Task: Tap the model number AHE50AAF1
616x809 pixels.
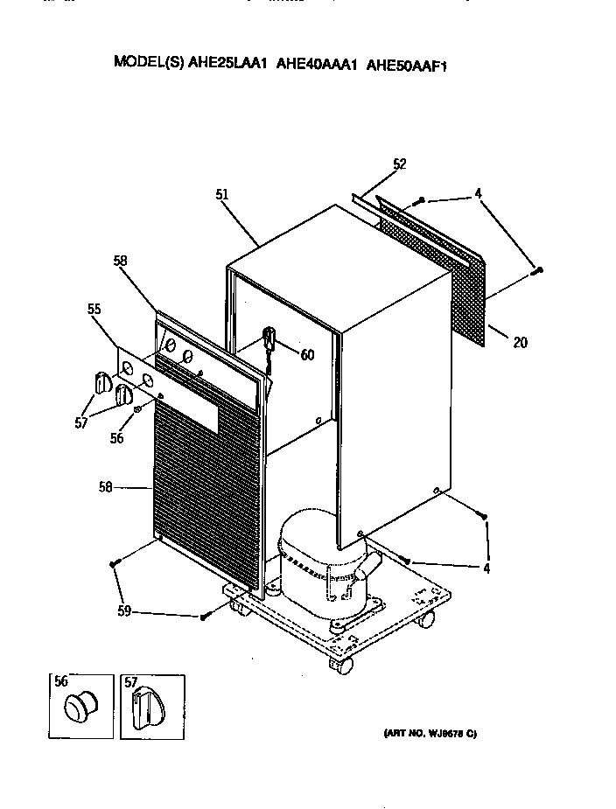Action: pyautogui.click(x=407, y=63)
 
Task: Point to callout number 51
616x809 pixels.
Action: pyautogui.click(x=222, y=195)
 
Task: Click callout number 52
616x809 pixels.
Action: pyautogui.click(x=400, y=164)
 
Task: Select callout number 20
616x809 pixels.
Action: pyautogui.click(x=520, y=342)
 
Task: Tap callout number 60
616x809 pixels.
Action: pyautogui.click(x=307, y=354)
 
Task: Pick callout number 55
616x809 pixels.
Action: pyautogui.click(x=94, y=309)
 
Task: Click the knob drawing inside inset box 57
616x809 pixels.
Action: pyautogui.click(x=145, y=707)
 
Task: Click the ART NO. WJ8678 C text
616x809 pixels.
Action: pyautogui.click(x=429, y=733)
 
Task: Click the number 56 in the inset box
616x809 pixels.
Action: pyautogui.click(x=60, y=683)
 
